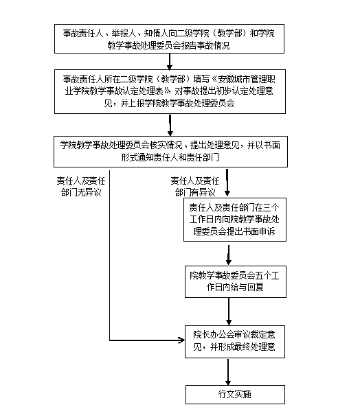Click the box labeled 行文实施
[x=235, y=394]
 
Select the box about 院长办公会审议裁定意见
[x=235, y=342]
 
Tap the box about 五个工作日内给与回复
[x=236, y=281]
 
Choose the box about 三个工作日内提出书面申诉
[x=235, y=220]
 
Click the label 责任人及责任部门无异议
[x=81, y=186]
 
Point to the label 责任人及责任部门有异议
[x=195, y=186]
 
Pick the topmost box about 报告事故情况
[x=169, y=38]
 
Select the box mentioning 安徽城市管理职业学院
[x=170, y=91]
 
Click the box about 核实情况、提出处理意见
[x=170, y=152]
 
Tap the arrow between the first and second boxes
[x=170, y=62]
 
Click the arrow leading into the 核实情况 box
[x=170, y=125]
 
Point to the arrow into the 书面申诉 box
[x=227, y=183]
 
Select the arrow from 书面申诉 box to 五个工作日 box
[x=229, y=255]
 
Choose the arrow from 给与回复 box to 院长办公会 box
[x=229, y=312]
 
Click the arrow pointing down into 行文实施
[x=228, y=372]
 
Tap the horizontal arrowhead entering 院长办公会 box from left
[x=182, y=340]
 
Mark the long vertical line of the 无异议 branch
[x=109, y=255]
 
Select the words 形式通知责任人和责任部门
[x=170, y=157]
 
